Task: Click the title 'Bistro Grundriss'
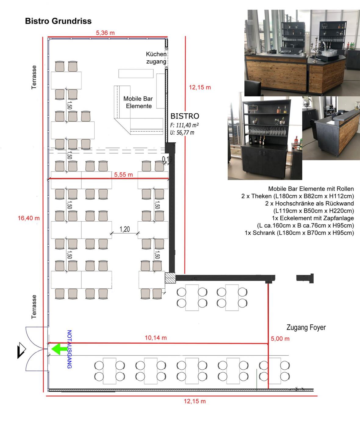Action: pyautogui.click(x=58, y=21)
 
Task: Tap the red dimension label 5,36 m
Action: pyautogui.click(x=105, y=33)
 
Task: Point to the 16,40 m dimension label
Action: pyautogui.click(x=29, y=218)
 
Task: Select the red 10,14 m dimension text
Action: pyautogui.click(x=156, y=338)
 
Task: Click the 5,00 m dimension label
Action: pyautogui.click(x=280, y=339)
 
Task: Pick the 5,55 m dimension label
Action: pyautogui.click(x=124, y=175)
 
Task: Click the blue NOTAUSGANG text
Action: pyautogui.click(x=69, y=349)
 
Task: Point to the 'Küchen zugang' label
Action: pyautogui.click(x=156, y=58)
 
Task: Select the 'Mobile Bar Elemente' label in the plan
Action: pyautogui.click(x=138, y=102)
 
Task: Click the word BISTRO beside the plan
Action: pyautogui.click(x=185, y=116)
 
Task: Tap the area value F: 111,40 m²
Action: pyautogui.click(x=185, y=125)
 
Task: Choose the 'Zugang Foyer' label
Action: pyautogui.click(x=306, y=327)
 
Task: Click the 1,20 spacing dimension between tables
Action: pyautogui.click(x=125, y=229)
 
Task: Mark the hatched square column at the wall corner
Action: pyautogui.click(x=170, y=278)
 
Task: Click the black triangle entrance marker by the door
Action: pyautogui.click(x=21, y=350)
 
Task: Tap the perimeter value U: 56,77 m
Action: pyautogui.click(x=182, y=132)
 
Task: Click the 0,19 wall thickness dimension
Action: pyautogui.click(x=167, y=159)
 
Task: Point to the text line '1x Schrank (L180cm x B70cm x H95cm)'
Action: pyautogui.click(x=299, y=233)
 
